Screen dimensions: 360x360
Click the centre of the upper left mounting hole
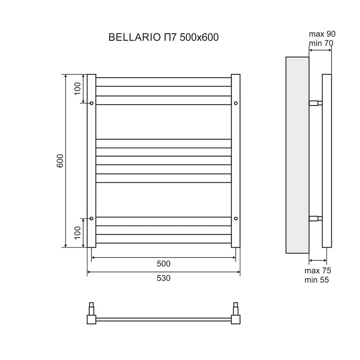[91, 103]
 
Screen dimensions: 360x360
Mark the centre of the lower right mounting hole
[235, 219]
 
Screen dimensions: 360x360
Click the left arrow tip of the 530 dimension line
[87, 272]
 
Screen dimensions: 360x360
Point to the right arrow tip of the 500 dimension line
[235, 258]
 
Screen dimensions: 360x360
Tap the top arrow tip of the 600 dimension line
[66, 75]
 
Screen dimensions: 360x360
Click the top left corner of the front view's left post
[87, 74]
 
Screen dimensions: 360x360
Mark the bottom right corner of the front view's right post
[240, 247]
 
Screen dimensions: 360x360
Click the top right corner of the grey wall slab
[309, 57]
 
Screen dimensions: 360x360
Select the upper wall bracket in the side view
[315, 103]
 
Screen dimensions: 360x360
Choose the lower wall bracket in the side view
[315, 219]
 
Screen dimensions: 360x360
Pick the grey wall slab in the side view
[297, 155]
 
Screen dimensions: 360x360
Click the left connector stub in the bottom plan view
[91, 309]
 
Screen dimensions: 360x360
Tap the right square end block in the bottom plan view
[235, 319]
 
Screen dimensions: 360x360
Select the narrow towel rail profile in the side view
[327, 161]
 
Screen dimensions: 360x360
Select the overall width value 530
[163, 278]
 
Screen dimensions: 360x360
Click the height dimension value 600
[60, 161]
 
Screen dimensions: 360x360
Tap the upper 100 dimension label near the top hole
[78, 89]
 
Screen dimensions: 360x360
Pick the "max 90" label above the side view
[322, 34]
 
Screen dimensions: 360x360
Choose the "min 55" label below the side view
[316, 280]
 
